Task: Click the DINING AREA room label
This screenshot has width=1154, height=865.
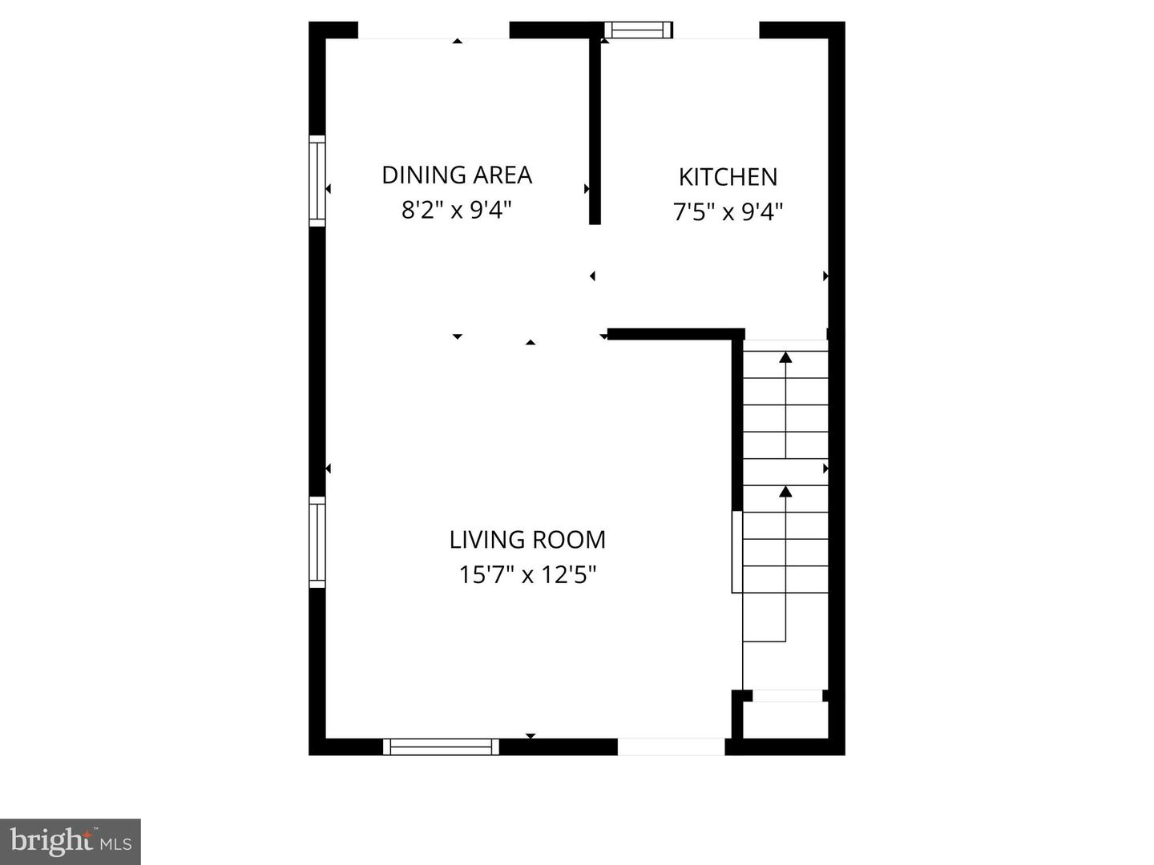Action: pyautogui.click(x=457, y=175)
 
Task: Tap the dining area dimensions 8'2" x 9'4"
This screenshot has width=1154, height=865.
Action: pyautogui.click(x=457, y=211)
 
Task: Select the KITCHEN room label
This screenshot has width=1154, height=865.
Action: pyautogui.click(x=728, y=177)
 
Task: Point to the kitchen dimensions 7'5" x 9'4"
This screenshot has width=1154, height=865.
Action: pyautogui.click(x=728, y=212)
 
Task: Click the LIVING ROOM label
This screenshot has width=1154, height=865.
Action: pyautogui.click(x=527, y=540)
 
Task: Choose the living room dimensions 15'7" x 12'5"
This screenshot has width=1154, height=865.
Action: pyautogui.click(x=527, y=575)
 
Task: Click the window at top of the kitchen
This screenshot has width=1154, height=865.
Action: pyautogui.click(x=638, y=30)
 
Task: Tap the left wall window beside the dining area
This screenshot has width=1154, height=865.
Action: pyautogui.click(x=318, y=180)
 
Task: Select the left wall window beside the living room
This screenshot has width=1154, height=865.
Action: pyautogui.click(x=318, y=541)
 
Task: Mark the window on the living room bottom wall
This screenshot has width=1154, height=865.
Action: pyautogui.click(x=441, y=746)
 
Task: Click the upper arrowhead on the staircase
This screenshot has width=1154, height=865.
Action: pyautogui.click(x=785, y=357)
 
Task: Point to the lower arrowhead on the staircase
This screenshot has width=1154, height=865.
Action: pyautogui.click(x=785, y=491)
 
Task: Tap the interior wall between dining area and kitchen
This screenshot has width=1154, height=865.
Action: pyautogui.click(x=595, y=128)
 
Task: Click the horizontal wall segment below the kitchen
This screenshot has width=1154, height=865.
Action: pyautogui.click(x=676, y=334)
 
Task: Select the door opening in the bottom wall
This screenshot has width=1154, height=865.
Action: pyautogui.click(x=671, y=746)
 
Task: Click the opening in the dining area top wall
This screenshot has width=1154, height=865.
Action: pyautogui.click(x=433, y=30)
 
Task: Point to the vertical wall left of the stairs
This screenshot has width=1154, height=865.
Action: pyautogui.click(x=737, y=424)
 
